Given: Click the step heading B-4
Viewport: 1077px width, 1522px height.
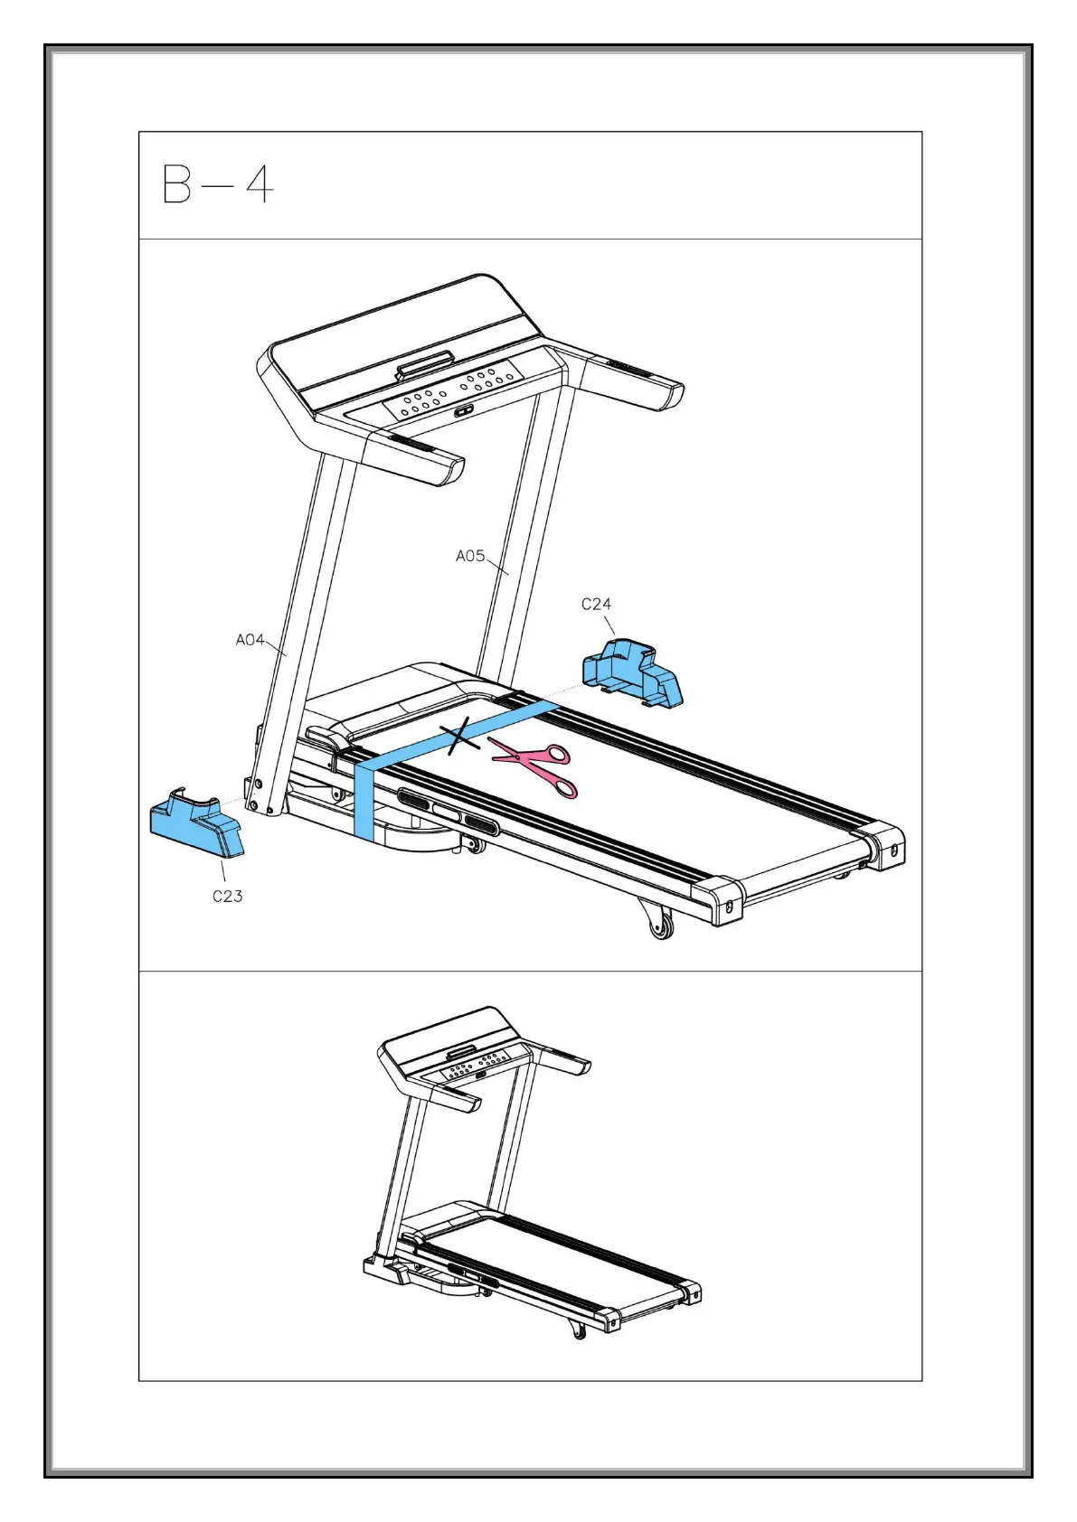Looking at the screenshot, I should [217, 185].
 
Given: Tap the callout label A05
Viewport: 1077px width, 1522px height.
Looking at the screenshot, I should [469, 556].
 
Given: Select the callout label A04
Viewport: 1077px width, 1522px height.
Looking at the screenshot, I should [250, 640].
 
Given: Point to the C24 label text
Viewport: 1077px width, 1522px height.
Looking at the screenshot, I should [596, 604].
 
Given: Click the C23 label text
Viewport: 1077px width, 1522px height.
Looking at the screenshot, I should [228, 896].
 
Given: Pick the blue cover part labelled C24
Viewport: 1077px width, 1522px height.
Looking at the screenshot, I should [632, 673].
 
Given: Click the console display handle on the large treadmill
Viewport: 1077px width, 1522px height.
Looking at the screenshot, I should [422, 365].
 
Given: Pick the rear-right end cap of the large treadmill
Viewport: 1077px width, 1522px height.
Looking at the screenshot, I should [887, 842].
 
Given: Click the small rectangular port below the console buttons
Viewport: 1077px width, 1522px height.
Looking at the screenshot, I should [464, 410].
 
